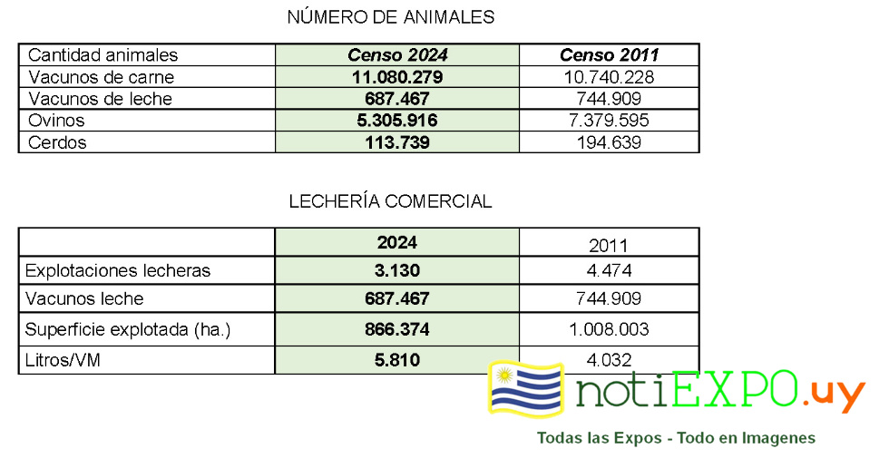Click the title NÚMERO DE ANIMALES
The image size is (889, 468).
click(390, 17)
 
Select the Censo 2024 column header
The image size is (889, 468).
click(397, 55)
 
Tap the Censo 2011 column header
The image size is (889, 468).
click(609, 55)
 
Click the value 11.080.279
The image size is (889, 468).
click(397, 77)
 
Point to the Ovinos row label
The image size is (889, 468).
click(56, 121)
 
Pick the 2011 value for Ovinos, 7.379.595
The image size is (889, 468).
click(609, 121)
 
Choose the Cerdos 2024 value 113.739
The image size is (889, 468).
click(397, 142)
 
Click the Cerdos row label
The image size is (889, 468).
click(57, 142)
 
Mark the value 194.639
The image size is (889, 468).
click(609, 142)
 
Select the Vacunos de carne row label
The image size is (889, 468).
click(101, 77)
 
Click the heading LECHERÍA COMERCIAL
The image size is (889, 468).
click(390, 201)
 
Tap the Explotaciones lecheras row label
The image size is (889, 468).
click(118, 270)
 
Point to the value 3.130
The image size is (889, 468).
click(397, 270)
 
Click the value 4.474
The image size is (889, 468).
click(609, 270)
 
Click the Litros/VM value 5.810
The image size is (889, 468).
click(397, 360)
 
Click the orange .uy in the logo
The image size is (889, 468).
click(833, 394)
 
